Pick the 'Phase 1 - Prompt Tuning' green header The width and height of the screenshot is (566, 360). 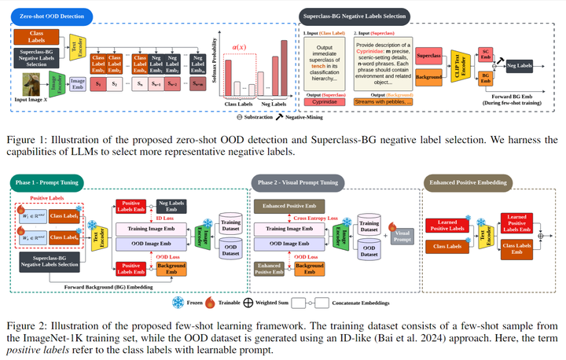pyautogui.click(x=47, y=182)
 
